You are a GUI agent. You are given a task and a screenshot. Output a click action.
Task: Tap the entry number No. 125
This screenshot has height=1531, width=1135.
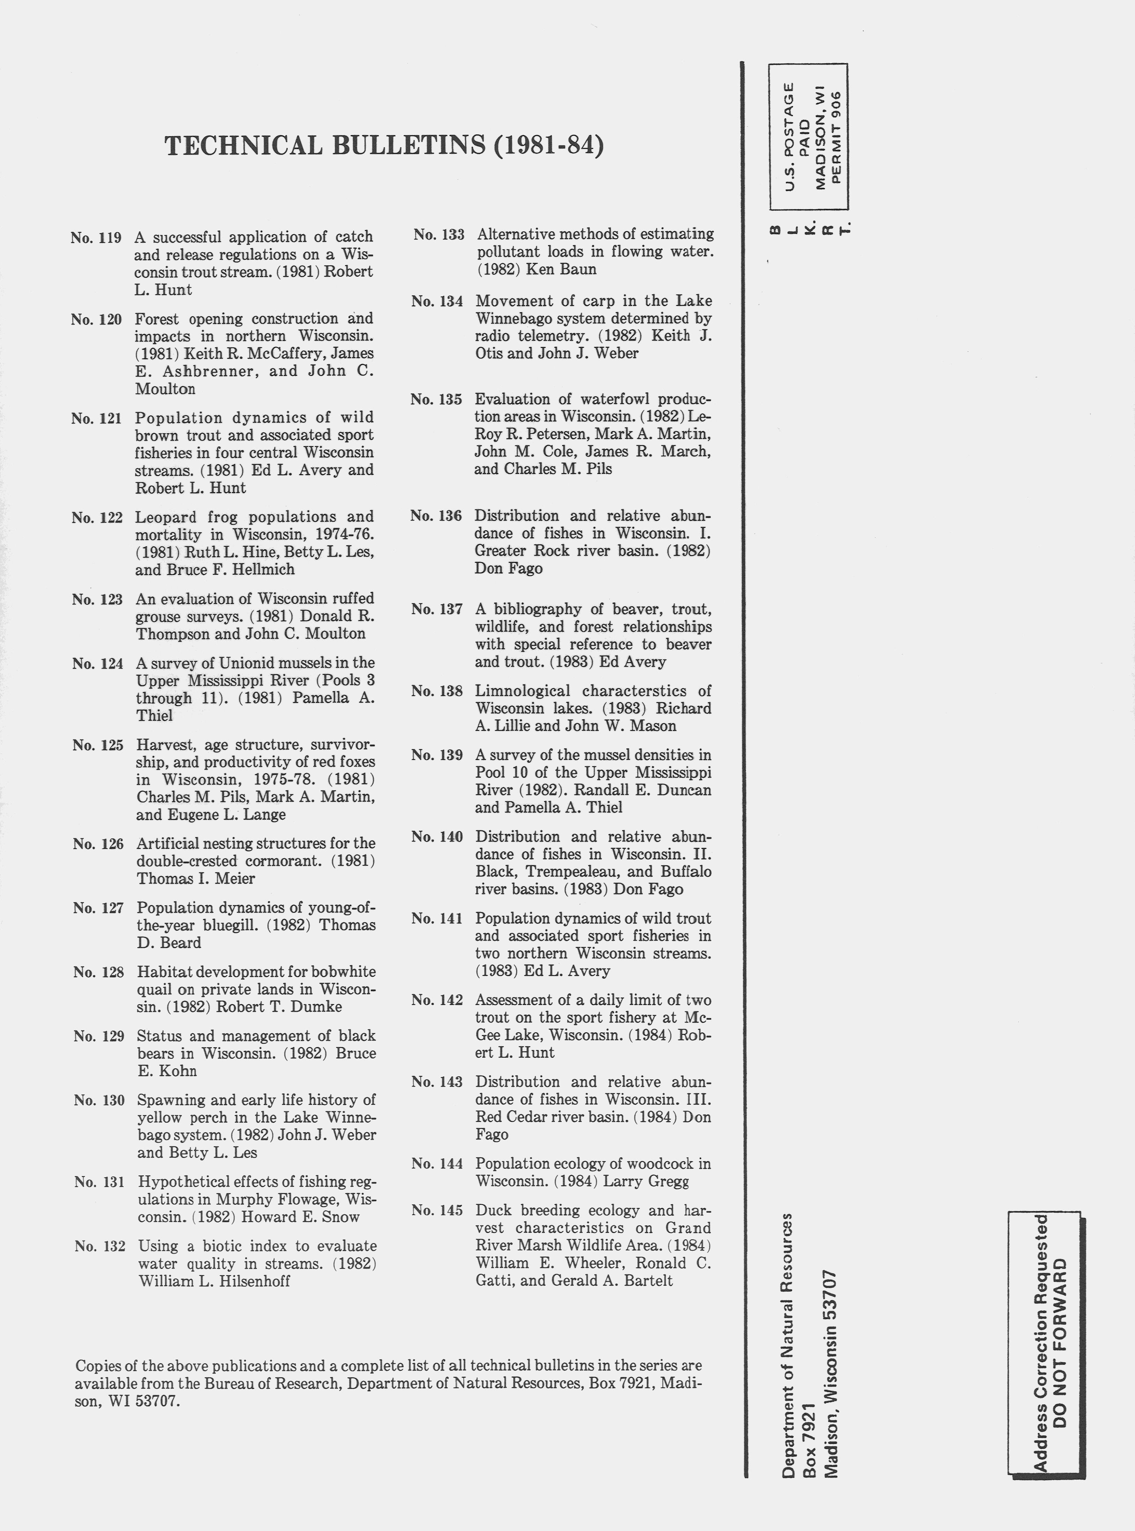pos(97,745)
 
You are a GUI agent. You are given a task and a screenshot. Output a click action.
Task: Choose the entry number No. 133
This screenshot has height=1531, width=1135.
pos(439,234)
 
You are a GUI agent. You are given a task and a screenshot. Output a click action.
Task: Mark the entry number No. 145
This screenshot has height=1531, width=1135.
pos(437,1210)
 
